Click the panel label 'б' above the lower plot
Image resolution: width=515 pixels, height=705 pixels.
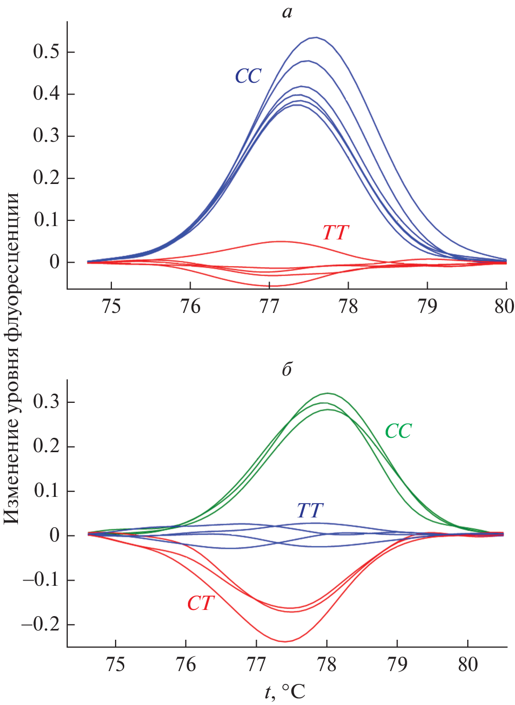point(287,369)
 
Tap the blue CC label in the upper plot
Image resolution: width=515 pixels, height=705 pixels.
point(249,76)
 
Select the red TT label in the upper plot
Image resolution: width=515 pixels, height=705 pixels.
point(336,233)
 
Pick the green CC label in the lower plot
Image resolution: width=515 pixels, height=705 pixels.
point(398,431)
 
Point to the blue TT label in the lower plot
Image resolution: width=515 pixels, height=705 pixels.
point(310,510)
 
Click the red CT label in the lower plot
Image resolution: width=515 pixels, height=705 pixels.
point(200,603)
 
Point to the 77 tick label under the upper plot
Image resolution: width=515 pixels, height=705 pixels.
point(269,306)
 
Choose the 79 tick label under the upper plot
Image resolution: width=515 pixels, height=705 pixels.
point(427,306)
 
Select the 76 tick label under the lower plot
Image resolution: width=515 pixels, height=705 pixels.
point(186,664)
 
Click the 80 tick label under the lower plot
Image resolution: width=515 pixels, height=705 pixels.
point(468,664)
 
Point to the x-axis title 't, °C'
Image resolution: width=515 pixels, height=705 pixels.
point(285,692)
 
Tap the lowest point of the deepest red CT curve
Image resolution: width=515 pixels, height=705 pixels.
point(284,641)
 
